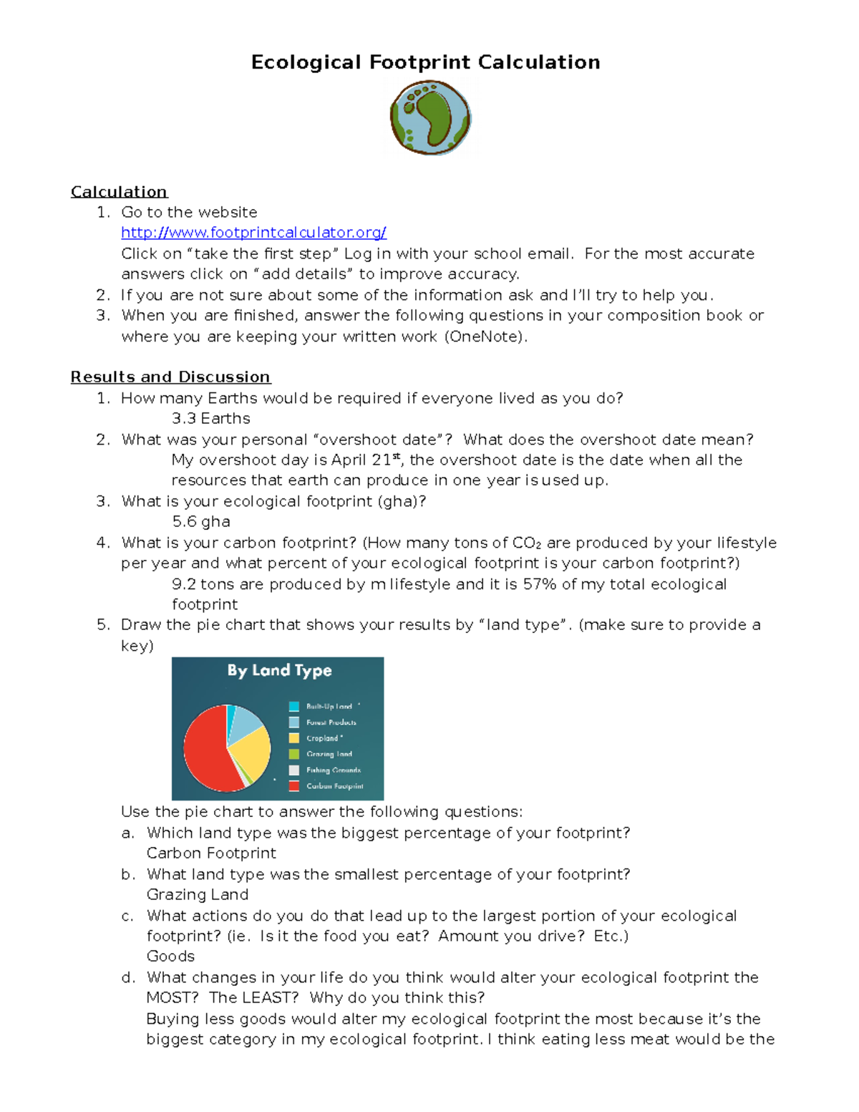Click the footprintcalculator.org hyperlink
(x=253, y=233)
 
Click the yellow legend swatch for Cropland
(x=293, y=738)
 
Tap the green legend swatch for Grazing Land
(x=293, y=754)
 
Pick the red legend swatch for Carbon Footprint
(x=293, y=786)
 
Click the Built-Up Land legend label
(x=329, y=707)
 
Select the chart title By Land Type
(x=279, y=671)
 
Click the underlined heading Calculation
(x=119, y=192)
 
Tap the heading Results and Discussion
(x=170, y=377)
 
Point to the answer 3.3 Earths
(x=211, y=419)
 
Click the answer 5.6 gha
(x=201, y=522)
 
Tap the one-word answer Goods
(x=170, y=957)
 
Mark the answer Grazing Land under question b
(x=198, y=895)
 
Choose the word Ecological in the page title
(x=306, y=63)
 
